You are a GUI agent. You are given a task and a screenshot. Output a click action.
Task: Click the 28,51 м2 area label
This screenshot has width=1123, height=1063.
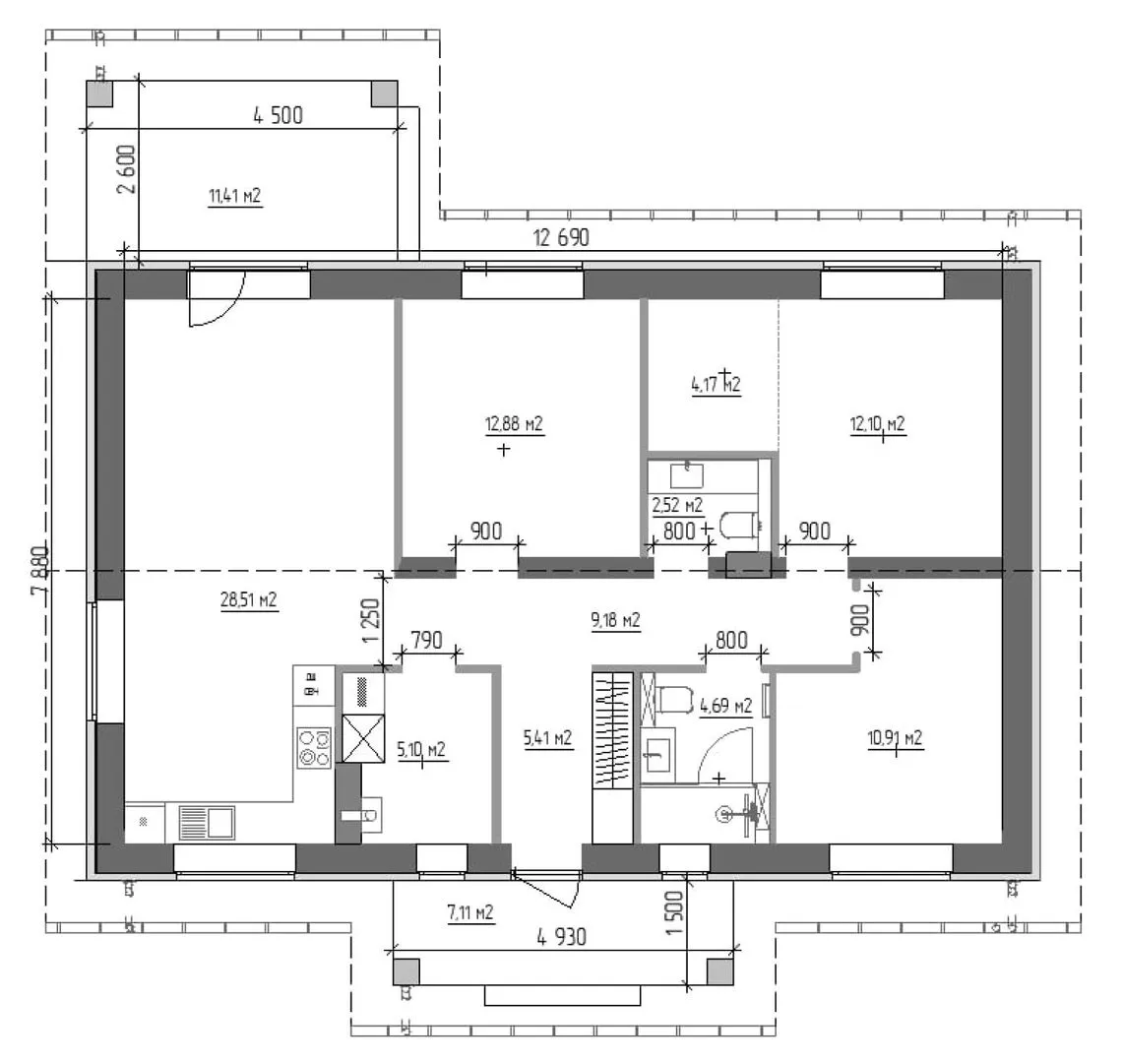(249, 599)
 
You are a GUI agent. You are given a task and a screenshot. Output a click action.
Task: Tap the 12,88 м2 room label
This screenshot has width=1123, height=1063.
(514, 424)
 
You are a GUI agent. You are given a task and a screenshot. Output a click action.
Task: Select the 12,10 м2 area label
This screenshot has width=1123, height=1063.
(877, 424)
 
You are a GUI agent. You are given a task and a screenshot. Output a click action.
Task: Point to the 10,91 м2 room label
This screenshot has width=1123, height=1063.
(895, 738)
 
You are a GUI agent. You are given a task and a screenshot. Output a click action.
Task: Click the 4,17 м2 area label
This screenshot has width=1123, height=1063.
(716, 385)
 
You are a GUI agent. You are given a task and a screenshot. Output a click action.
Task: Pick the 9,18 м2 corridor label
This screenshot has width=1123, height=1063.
(615, 620)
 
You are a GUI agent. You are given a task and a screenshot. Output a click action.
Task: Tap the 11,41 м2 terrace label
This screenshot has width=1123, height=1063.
(235, 196)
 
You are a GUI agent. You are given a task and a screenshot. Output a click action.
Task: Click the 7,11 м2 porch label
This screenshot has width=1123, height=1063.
(470, 912)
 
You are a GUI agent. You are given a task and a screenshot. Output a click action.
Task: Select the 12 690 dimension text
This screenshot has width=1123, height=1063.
(561, 238)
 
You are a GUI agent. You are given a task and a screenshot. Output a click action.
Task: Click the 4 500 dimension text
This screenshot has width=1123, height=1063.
(278, 115)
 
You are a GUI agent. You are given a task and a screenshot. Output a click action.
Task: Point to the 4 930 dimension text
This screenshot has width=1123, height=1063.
(561, 936)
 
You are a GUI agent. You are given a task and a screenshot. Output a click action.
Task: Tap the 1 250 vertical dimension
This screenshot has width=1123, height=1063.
(371, 620)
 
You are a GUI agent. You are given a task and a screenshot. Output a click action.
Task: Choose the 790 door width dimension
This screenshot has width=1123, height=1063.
(426, 640)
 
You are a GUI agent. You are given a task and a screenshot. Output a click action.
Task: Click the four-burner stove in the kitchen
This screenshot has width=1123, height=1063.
(314, 748)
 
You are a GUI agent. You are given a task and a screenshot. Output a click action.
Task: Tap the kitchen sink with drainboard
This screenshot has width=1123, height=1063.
(207, 822)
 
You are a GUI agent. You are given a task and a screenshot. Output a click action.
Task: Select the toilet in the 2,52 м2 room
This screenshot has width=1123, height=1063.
(738, 525)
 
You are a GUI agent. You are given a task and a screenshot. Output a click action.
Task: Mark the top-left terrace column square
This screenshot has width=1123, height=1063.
(99, 94)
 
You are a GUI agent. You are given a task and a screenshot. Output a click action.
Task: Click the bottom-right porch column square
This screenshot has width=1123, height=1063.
(719, 971)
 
